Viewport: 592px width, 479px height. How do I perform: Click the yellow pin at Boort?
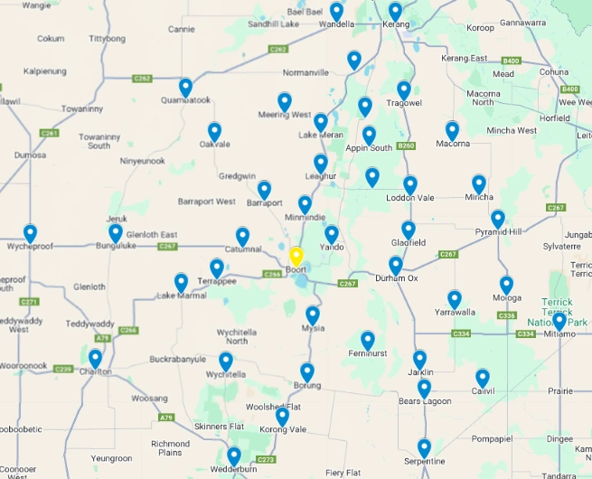296,257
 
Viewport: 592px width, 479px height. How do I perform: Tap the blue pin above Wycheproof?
30,233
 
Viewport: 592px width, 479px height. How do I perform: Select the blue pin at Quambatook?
185,88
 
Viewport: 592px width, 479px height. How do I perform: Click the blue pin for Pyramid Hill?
498,219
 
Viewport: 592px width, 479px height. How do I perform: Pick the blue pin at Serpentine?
424,447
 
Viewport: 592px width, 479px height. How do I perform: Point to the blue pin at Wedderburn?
233,456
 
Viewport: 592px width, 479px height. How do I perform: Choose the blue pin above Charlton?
95,359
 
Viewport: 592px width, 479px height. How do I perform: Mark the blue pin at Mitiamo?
559,321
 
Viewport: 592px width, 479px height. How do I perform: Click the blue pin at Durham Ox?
396,266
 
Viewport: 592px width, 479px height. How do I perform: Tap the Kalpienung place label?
45,70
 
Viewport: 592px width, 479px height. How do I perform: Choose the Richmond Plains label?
170,447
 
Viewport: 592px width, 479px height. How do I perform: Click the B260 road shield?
406,146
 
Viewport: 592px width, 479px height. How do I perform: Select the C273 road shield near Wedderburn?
265,459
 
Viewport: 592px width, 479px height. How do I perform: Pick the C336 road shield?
507,315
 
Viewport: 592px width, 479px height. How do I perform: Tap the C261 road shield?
49,133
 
